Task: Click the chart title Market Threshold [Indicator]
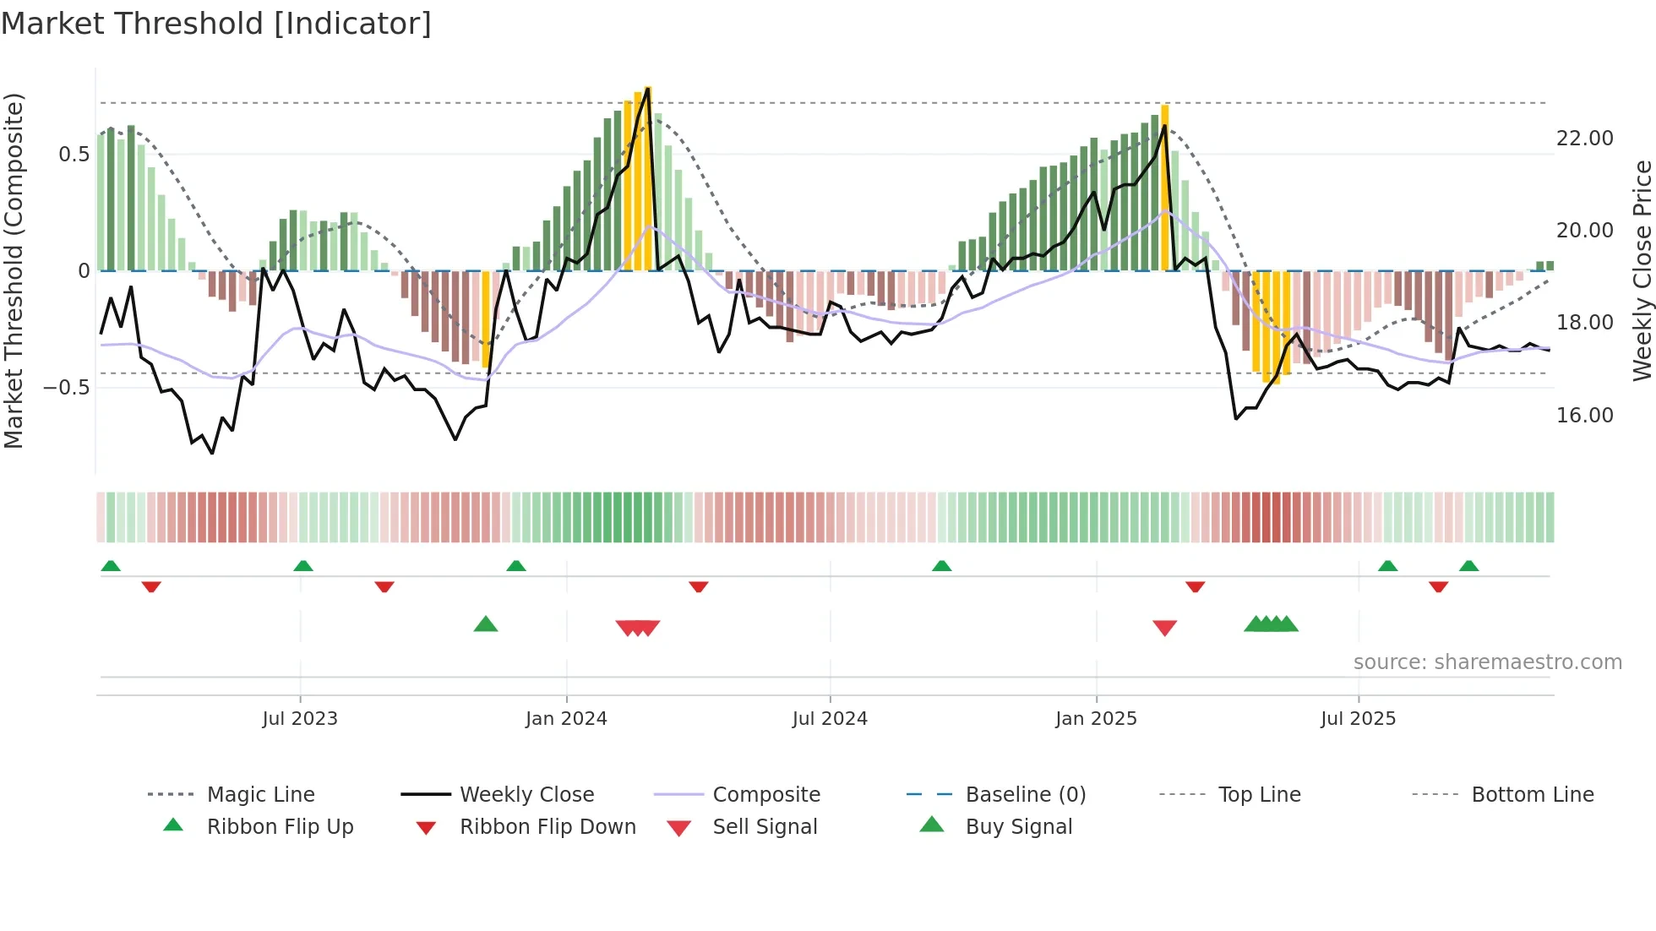pos(216,24)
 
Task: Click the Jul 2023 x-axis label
pos(299,719)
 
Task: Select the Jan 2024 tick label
pos(566,719)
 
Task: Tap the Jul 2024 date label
pos(830,719)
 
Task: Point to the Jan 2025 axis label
pos(1096,719)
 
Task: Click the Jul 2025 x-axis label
pos(1358,719)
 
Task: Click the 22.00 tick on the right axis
pos(1584,139)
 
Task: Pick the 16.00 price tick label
pos(1584,416)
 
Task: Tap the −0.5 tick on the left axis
pos(66,388)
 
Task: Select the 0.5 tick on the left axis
pos(74,155)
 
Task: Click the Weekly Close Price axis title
pos(1642,270)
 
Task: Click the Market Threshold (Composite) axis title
pos(14,270)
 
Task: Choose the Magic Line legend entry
pos(260,795)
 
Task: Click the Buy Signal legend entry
pos(1018,827)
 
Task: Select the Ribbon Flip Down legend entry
pos(547,827)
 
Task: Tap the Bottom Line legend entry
pos(1532,795)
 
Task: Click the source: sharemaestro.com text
pos(1487,662)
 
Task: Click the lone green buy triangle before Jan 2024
pos(486,625)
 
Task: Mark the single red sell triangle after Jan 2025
pos(1164,628)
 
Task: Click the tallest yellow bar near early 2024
pos(648,177)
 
